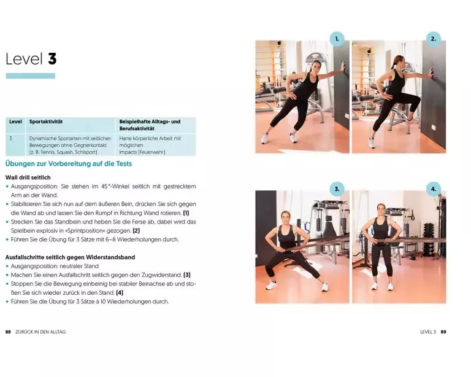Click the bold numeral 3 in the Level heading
pyautogui.click(x=52, y=58)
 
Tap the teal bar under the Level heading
pyautogui.click(x=30, y=76)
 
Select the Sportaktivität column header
pyautogui.click(x=46, y=122)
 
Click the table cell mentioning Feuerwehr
pyautogui.click(x=156, y=145)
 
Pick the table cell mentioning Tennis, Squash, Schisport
pyautogui.click(x=71, y=145)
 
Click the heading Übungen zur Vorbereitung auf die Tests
pyautogui.click(x=69, y=163)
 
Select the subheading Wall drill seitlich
pyautogui.click(x=28, y=177)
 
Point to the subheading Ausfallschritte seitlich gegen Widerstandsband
pyautogui.click(x=71, y=257)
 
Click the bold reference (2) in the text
pyautogui.click(x=136, y=231)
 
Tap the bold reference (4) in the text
pyautogui.click(x=120, y=292)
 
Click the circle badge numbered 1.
pyautogui.click(x=337, y=39)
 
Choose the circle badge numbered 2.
pyautogui.click(x=434, y=39)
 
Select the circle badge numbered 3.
pyautogui.click(x=337, y=189)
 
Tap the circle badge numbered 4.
pyautogui.click(x=434, y=189)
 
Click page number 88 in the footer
pyautogui.click(x=8, y=332)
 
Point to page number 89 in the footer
pyautogui.click(x=443, y=332)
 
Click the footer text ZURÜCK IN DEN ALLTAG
pyautogui.click(x=40, y=332)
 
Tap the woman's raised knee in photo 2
pyautogui.click(x=416, y=99)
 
